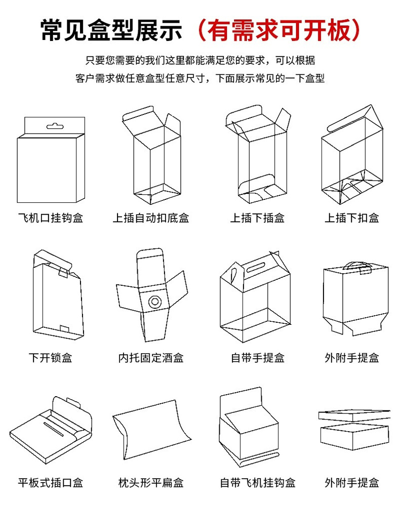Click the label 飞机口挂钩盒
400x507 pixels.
(50, 218)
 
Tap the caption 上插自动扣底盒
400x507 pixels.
(150, 218)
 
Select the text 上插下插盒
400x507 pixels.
(257, 218)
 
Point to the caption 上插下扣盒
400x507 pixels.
(351, 218)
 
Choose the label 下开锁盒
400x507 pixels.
(50, 358)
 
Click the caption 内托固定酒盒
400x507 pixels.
(150, 358)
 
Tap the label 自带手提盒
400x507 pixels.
(257, 358)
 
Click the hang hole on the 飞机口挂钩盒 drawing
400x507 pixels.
(53, 124)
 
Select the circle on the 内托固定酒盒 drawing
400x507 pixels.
(154, 302)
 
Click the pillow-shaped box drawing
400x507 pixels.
(151, 430)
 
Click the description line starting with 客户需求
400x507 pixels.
(199, 78)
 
